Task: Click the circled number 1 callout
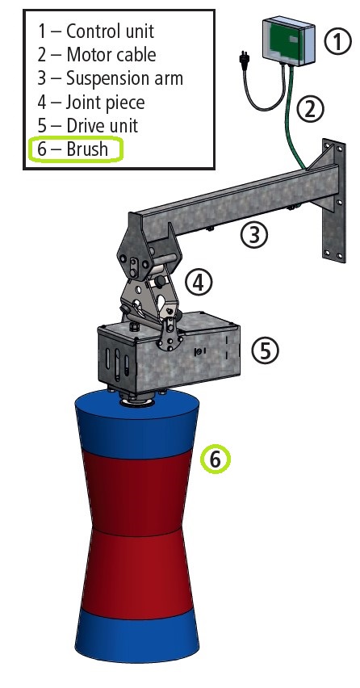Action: tap(337, 41)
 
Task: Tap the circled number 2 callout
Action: tap(310, 109)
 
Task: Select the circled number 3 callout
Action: tap(254, 234)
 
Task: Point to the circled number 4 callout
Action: tap(199, 282)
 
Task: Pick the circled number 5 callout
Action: tap(265, 350)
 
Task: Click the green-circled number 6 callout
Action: tap(215, 459)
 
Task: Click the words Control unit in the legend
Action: tap(110, 31)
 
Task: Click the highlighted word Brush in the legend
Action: tap(87, 149)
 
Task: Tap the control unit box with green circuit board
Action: tap(288, 40)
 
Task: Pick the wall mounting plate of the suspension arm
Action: tap(333, 200)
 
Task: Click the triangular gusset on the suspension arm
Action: tap(322, 158)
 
